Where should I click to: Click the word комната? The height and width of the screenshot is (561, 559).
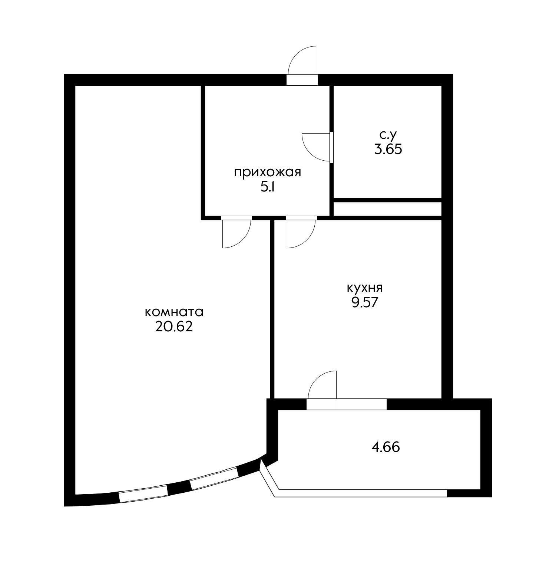pos(174,312)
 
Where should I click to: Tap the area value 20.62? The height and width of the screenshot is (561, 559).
pos(174,327)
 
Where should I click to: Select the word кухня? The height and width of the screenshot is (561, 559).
pos(364,288)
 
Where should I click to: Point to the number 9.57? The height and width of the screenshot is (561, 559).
pos(364,303)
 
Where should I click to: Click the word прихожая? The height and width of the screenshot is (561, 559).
pos(268,173)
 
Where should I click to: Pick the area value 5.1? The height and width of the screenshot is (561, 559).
pos(268,187)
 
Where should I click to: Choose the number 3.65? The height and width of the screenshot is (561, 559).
pos(388,149)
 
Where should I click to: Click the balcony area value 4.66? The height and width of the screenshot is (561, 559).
pos(386,447)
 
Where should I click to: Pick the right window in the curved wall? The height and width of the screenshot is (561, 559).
pos(214,479)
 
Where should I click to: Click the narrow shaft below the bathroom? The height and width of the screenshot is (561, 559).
pos(387,209)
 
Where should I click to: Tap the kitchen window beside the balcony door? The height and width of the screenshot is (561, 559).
pos(362,404)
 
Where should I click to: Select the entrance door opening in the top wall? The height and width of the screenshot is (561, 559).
pos(302,80)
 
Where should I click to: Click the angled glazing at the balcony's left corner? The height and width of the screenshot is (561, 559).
pos(268,479)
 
